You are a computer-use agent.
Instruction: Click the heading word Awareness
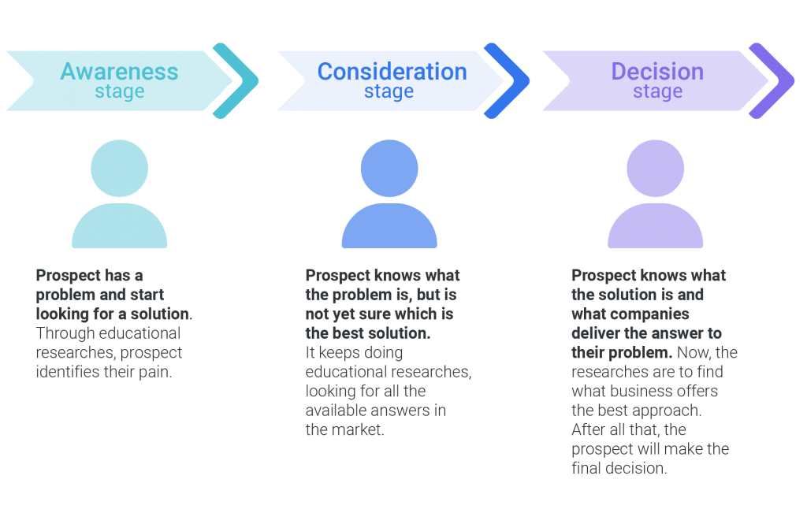119,72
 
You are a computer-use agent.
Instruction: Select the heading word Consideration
392,72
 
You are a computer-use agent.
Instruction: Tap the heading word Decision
657,72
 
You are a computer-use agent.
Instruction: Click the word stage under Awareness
120,92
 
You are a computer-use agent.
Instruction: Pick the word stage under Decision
657,92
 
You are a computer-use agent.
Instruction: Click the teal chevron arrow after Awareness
236,81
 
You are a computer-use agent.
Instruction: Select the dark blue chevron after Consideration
507,81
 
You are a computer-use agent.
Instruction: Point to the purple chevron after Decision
772,81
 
